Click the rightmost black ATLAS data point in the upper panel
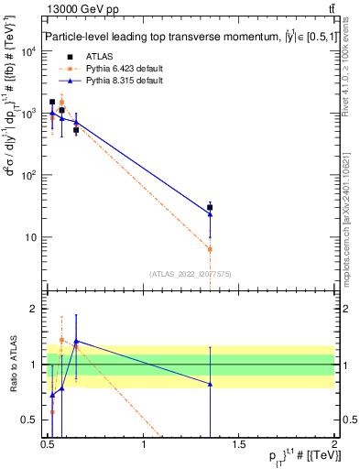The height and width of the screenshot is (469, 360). click(211, 208)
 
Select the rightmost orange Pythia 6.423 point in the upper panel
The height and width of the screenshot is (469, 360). click(211, 249)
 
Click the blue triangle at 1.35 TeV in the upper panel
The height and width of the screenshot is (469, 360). click(211, 214)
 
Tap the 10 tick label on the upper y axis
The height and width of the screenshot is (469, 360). click(30, 237)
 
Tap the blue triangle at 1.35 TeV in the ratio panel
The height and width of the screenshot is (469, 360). click(211, 384)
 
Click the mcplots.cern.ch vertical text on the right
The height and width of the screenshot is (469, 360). click(351, 211)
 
